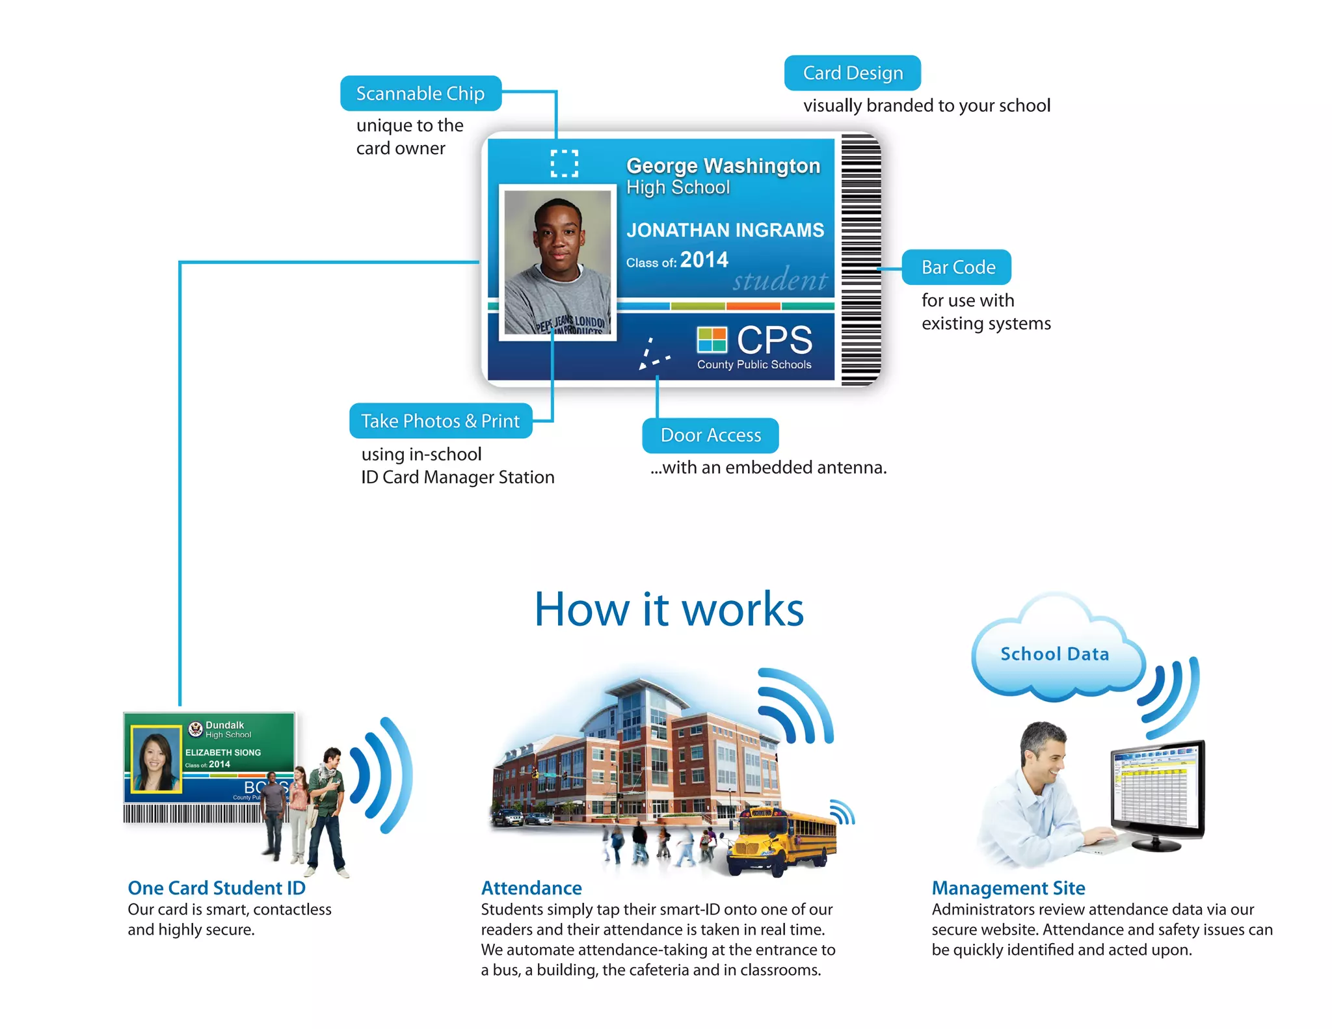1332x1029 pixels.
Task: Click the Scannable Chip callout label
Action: [420, 94]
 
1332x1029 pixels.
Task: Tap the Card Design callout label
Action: [852, 73]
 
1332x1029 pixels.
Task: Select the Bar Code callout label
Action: [957, 267]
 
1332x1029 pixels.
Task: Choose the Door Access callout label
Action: [710, 435]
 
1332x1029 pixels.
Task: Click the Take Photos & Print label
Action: [440, 421]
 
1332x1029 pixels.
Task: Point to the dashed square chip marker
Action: [564, 163]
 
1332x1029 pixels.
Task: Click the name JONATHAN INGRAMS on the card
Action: [725, 230]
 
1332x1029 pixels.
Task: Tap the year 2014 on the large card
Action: [704, 260]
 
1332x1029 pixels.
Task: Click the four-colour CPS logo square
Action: [712, 340]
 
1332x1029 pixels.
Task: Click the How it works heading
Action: [669, 609]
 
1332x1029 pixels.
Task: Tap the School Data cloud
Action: [1054, 654]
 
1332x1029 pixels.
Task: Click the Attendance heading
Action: [531, 888]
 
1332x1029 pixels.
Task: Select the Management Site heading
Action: [1008, 888]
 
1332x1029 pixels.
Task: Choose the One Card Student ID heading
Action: [217, 888]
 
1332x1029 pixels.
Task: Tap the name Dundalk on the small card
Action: [224, 725]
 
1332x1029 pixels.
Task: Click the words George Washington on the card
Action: [723, 166]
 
